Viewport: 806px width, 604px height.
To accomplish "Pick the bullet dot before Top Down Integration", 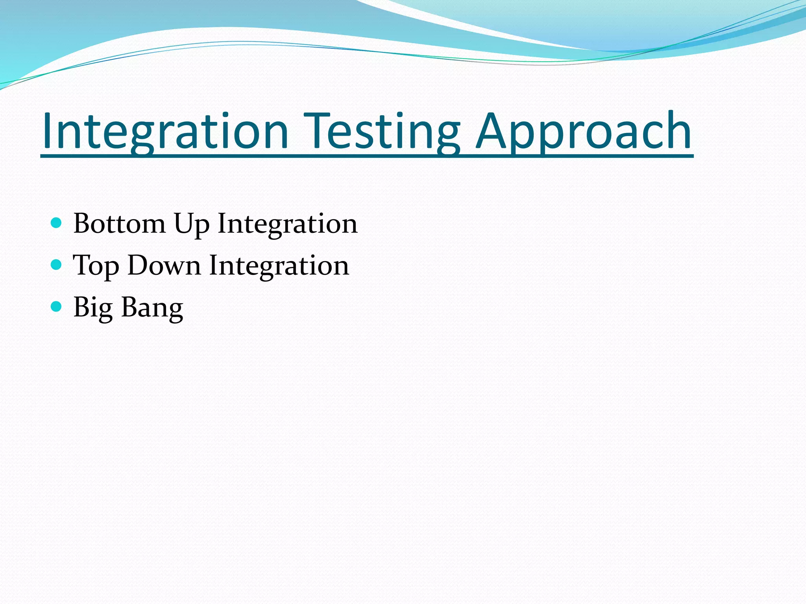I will (57, 265).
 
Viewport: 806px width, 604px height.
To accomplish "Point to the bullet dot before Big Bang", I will (57, 306).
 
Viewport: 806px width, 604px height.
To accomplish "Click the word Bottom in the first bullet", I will (119, 223).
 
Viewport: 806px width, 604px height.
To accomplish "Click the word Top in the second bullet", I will (96, 266).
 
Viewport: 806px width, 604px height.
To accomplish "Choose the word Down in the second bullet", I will (164, 265).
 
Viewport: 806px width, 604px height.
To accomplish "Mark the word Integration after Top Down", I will (279, 266).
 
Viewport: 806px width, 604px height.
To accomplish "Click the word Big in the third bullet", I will (93, 308).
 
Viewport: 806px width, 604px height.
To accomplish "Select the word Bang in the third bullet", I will (152, 308).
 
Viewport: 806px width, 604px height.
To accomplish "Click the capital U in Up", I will (185, 223).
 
